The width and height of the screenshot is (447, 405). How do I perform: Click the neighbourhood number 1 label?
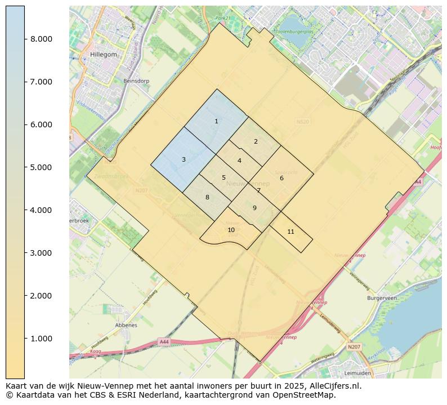[x=216, y=121]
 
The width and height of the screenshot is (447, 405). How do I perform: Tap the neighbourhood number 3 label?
[x=184, y=159]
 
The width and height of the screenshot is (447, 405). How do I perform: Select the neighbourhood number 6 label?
[x=281, y=178]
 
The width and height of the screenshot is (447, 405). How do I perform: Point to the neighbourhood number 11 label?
[x=290, y=232]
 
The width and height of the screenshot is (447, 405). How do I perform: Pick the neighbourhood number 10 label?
[x=231, y=230]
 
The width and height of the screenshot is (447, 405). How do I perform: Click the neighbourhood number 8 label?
[x=207, y=197]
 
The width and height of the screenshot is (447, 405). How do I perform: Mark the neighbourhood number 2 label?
[x=256, y=141]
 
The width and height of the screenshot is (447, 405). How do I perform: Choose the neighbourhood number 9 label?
[x=254, y=208]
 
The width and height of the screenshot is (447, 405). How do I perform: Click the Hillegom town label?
[x=103, y=55]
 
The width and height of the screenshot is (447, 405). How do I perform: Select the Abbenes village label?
[x=126, y=325]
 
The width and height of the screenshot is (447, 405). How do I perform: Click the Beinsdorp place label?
[x=136, y=81]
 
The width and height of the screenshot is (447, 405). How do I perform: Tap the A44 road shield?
[x=164, y=342]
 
